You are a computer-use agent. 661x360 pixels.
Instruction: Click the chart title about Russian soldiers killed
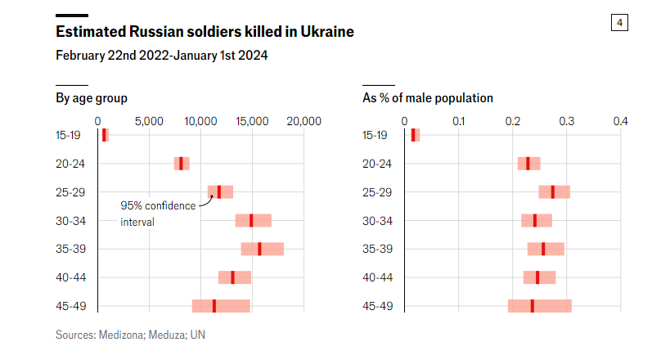click(205, 33)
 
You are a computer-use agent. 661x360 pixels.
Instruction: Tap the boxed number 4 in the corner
click(619, 23)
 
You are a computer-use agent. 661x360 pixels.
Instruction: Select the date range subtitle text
click(161, 56)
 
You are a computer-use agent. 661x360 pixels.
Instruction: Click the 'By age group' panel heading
click(91, 98)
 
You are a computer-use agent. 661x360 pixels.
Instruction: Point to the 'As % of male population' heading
click(428, 98)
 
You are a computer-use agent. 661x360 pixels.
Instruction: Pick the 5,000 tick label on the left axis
click(149, 121)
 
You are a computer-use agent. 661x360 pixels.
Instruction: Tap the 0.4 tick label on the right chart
click(621, 121)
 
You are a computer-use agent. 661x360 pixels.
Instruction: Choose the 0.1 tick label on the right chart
click(459, 121)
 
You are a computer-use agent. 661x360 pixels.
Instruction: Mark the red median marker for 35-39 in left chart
click(259, 249)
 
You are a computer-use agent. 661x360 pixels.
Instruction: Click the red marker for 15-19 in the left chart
click(104, 135)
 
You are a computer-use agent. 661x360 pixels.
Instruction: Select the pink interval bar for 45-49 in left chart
click(221, 306)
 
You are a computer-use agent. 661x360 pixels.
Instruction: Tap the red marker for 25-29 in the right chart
click(553, 191)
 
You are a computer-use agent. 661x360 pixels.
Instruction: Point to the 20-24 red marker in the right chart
click(528, 164)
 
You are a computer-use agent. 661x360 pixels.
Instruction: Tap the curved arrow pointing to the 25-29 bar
click(205, 200)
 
